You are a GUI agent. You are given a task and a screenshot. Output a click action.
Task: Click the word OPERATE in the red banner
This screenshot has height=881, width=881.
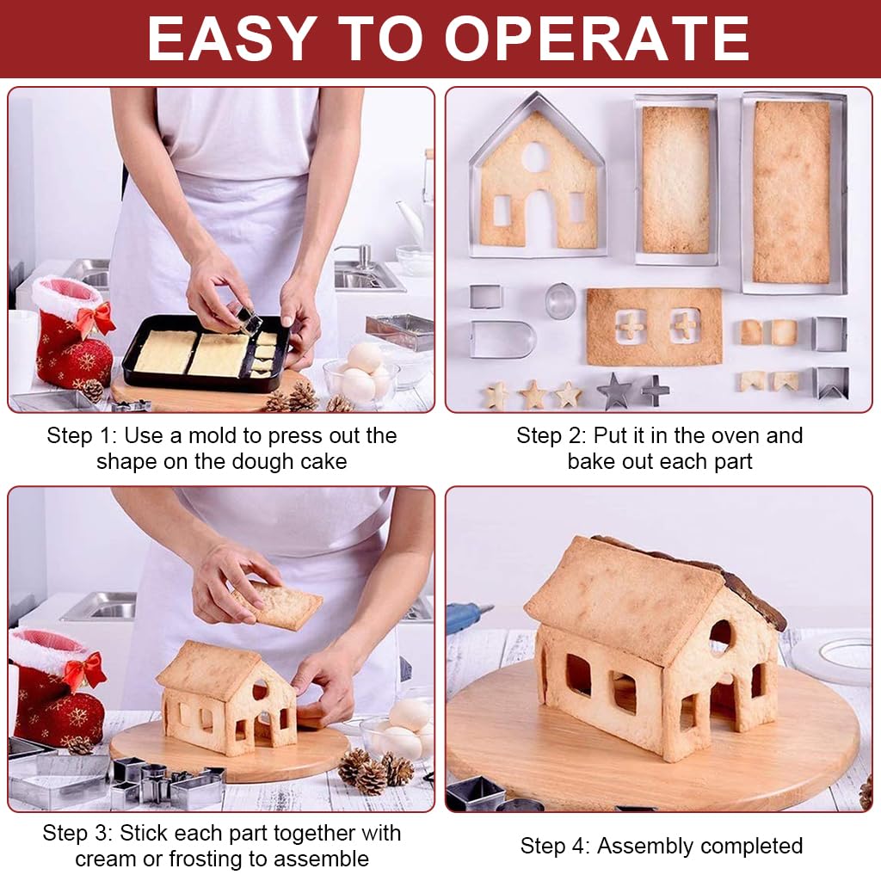click(597, 39)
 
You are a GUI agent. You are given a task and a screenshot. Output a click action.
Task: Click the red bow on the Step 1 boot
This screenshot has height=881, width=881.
click(95, 318)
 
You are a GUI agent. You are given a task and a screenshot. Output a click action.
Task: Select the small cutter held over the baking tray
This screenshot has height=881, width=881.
click(250, 321)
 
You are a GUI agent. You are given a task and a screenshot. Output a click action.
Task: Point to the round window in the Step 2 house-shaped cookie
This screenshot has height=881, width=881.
click(535, 157)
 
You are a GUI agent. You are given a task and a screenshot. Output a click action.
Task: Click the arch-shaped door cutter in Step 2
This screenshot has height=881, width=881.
click(502, 339)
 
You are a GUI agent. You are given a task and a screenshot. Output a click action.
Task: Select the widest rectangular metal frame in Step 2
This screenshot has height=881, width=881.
click(793, 193)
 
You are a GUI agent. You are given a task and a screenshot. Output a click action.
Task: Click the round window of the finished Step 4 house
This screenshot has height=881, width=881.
click(721, 636)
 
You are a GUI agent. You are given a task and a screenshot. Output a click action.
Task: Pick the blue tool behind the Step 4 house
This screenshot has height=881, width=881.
click(468, 616)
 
